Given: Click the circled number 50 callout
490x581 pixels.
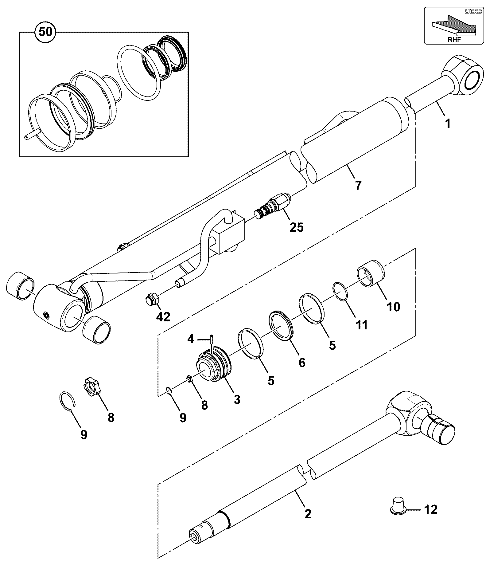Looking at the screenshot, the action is click(x=46, y=32).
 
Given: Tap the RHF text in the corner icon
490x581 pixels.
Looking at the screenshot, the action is click(x=454, y=39).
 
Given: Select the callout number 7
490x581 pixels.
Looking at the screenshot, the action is click(x=358, y=185).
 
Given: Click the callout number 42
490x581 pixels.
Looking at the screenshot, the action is click(x=163, y=317).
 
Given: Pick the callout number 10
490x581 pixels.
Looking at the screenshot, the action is click(x=394, y=306).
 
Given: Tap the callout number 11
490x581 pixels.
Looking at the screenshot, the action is click(x=361, y=325).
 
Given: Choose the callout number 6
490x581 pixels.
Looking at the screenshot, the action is click(x=302, y=363).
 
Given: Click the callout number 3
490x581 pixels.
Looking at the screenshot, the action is click(x=237, y=399).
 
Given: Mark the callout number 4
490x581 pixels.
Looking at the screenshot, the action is click(x=191, y=339).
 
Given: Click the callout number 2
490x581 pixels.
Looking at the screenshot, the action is click(x=308, y=514).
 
